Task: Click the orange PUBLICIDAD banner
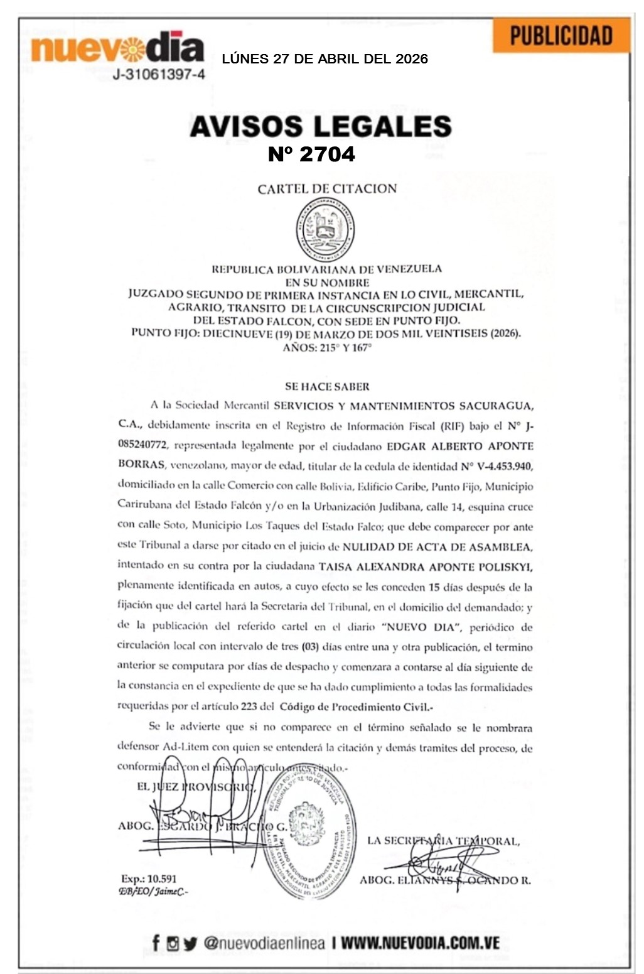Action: pyautogui.click(x=561, y=36)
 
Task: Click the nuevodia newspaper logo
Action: pyautogui.click(x=117, y=48)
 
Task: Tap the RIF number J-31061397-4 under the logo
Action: pyautogui.click(x=159, y=75)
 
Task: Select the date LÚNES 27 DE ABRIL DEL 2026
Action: pyautogui.click(x=325, y=59)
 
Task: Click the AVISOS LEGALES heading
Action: pyautogui.click(x=321, y=126)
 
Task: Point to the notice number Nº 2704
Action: pyautogui.click(x=311, y=154)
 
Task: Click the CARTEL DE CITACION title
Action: pyautogui.click(x=327, y=188)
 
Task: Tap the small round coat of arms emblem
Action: pyautogui.click(x=325, y=229)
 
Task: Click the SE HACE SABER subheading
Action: pyautogui.click(x=327, y=387)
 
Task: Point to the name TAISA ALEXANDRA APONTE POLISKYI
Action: pyautogui.click(x=426, y=566)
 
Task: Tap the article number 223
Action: pyautogui.click(x=249, y=706)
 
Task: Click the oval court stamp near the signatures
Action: pyautogui.click(x=306, y=835)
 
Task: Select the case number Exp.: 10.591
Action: pyautogui.click(x=149, y=879)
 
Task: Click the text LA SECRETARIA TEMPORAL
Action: pyautogui.click(x=443, y=840)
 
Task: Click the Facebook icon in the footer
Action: pyautogui.click(x=156, y=943)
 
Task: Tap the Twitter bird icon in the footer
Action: pyautogui.click(x=190, y=943)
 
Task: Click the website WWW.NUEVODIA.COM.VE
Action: pyautogui.click(x=420, y=943)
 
